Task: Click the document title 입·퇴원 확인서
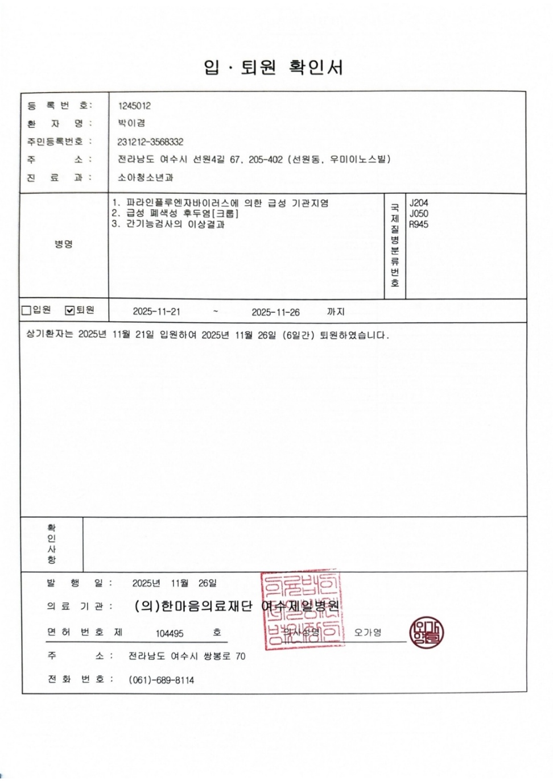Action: (x=274, y=67)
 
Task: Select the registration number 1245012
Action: (x=134, y=106)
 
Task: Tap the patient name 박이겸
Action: (x=131, y=123)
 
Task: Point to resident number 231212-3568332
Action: (x=150, y=142)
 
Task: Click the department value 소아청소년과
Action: (x=145, y=177)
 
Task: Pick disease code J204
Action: (x=419, y=203)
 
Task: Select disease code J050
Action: (x=419, y=214)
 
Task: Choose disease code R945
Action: (x=419, y=225)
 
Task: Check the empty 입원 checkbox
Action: (x=26, y=310)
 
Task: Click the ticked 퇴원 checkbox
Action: (x=70, y=310)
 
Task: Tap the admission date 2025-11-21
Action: (x=156, y=311)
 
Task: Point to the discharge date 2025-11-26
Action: (x=275, y=312)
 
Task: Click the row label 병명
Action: (x=64, y=244)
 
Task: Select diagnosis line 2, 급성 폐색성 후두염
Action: (x=175, y=214)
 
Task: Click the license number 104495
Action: (x=170, y=633)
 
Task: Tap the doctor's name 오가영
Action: (x=368, y=632)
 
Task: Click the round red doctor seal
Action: (x=426, y=633)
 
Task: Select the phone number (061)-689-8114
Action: (x=161, y=680)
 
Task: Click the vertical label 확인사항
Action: (x=52, y=544)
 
